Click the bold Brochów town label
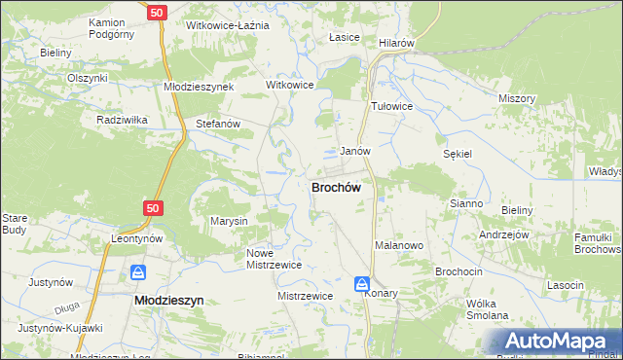point(337,187)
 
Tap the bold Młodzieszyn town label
point(167,302)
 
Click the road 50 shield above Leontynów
point(152,208)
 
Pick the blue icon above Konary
point(362,283)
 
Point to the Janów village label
point(354,152)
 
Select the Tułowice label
point(392,106)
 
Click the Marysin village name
point(230,221)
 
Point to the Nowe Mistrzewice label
point(274,258)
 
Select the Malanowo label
point(398,246)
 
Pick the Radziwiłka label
point(122,120)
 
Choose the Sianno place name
point(466,203)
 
